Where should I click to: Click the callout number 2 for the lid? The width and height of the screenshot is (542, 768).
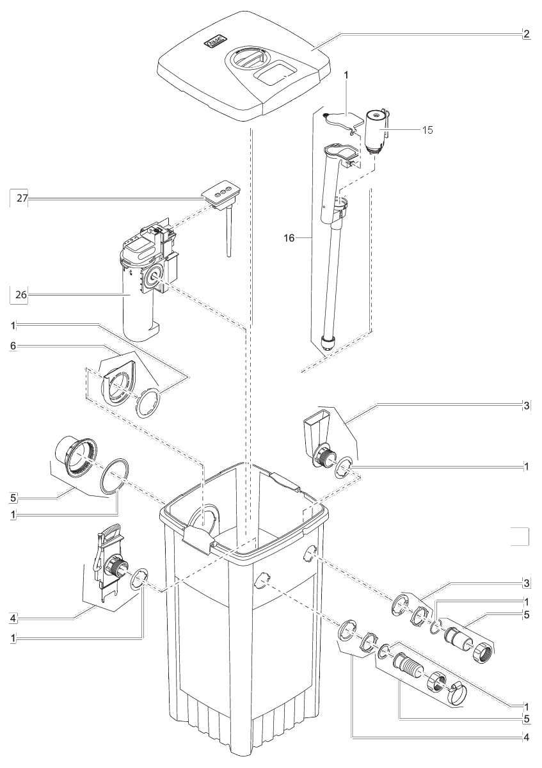[x=526, y=34]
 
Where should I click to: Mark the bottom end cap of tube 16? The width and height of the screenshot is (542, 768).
[x=329, y=340]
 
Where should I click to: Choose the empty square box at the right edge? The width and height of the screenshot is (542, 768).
[x=520, y=536]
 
